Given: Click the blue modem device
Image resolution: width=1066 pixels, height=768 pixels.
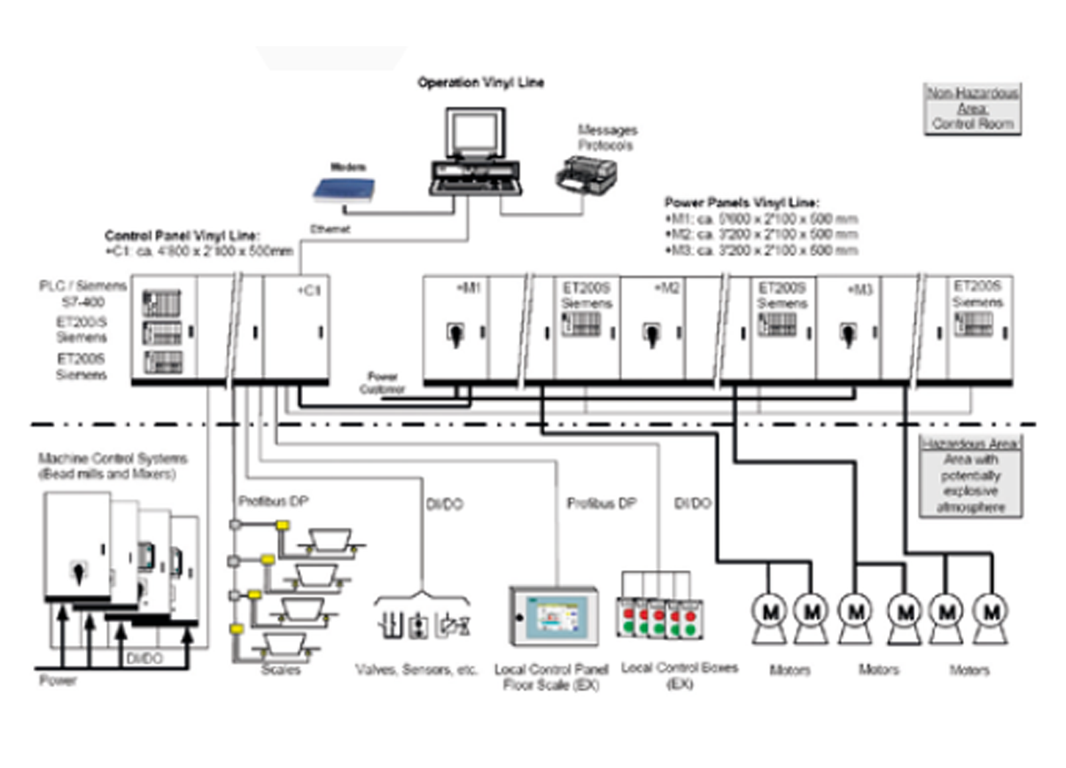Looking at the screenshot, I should pos(344,189).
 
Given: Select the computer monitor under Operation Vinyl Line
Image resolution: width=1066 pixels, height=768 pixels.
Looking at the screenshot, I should pos(475,135).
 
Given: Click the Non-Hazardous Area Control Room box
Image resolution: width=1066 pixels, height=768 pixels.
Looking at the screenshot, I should pos(972,109).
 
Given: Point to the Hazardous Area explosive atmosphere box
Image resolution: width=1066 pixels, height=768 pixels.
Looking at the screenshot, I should pos(971,476).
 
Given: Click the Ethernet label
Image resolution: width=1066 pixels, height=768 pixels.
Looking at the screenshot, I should pos(330,230).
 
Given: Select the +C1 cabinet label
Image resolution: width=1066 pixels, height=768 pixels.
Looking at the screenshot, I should pos(310,290).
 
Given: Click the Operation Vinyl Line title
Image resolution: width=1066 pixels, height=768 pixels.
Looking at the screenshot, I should pos(481,82).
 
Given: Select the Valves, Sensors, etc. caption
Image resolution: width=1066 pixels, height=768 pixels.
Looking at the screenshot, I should pos(416,670).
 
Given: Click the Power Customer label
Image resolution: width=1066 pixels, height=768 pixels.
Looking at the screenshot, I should pos(382,383).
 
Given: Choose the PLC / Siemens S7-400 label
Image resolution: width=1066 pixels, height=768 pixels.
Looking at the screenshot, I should pos(83,293).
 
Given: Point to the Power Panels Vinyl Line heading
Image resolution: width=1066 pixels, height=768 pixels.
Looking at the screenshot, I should pos(742,202).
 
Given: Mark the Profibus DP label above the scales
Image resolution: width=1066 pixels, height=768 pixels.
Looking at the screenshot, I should pos(273,502).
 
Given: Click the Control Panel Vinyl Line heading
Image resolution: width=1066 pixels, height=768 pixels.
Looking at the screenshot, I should pos(182,235).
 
